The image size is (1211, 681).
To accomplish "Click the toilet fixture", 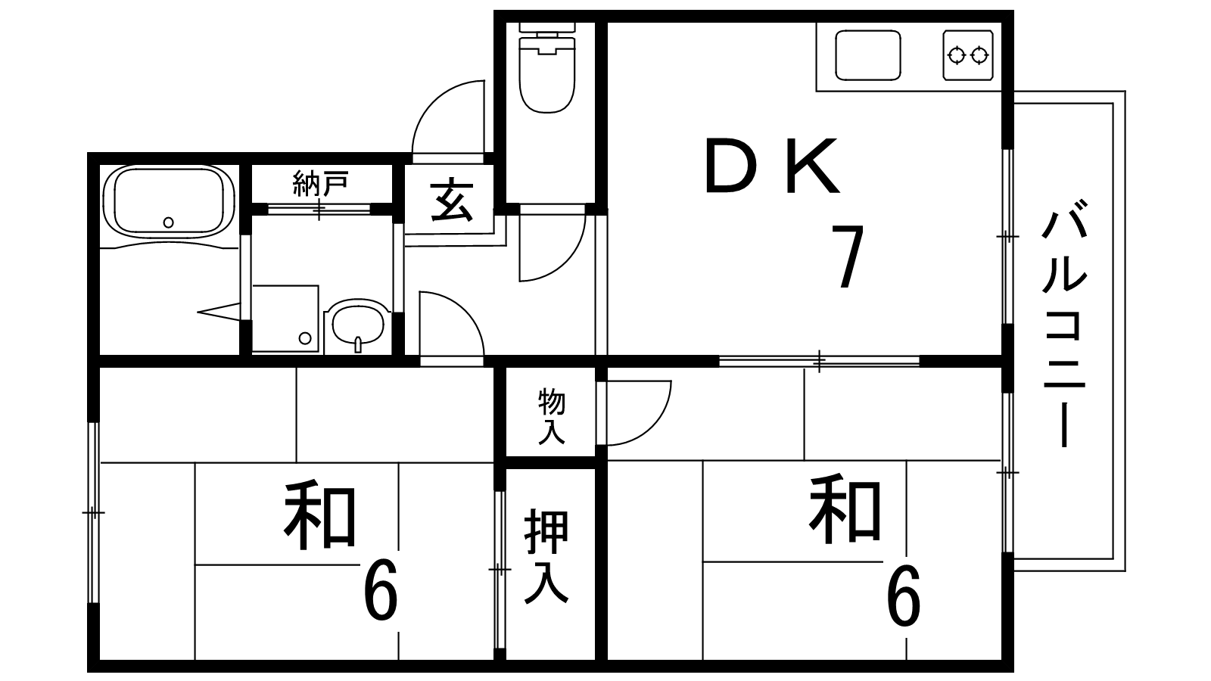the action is [x=547, y=67].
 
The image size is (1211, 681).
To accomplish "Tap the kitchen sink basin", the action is [x=867, y=55].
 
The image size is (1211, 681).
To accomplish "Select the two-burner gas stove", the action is [x=968, y=55].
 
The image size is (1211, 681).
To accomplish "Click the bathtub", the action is [x=168, y=201].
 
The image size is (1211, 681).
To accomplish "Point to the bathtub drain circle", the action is [x=169, y=222].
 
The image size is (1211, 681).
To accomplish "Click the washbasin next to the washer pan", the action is [x=358, y=325].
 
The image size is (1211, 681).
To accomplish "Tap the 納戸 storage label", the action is [x=320, y=184].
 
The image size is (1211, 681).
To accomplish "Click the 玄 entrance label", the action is [x=452, y=201].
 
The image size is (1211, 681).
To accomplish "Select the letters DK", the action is [x=773, y=166].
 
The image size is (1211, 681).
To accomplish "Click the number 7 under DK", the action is [x=848, y=257].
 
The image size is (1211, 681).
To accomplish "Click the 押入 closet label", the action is [x=546, y=556].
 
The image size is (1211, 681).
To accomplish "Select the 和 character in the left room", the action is [x=320, y=517].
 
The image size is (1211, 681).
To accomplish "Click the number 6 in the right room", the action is [x=904, y=595].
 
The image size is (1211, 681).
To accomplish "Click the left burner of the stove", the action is [x=957, y=55].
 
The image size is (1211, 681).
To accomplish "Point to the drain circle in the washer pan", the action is [x=305, y=338].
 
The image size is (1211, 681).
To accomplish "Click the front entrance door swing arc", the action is [x=448, y=117].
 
